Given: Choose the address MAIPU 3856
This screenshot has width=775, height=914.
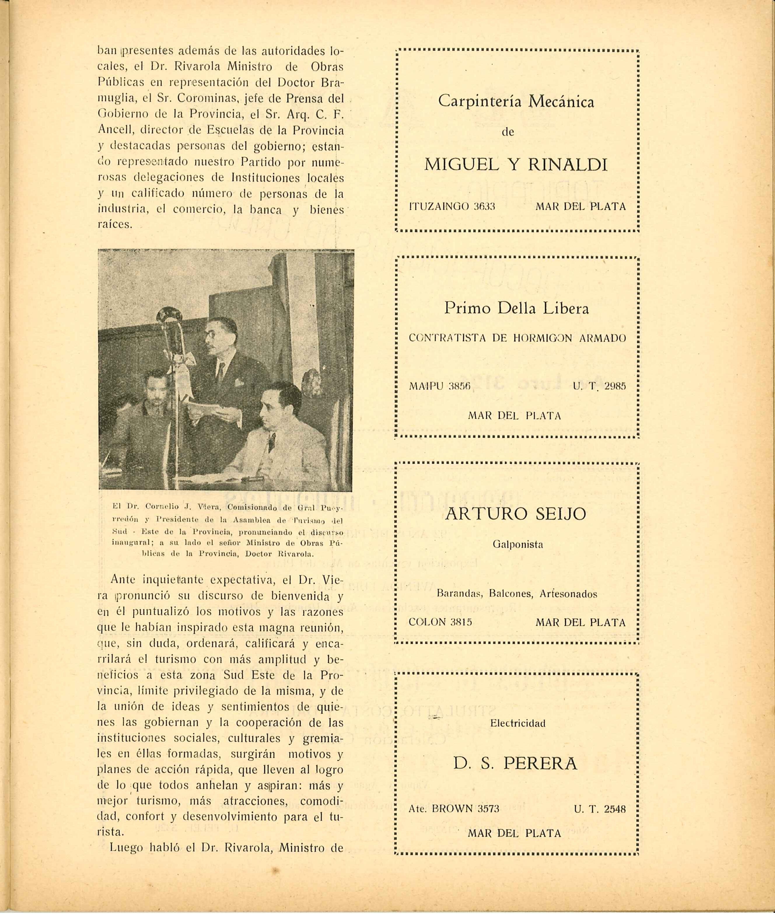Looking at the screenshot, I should point(439,386).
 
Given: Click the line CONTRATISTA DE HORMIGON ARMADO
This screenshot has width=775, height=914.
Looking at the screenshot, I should point(517,338).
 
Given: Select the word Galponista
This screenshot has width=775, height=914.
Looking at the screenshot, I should point(517,544).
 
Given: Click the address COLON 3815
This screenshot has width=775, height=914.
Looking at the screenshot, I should point(440,622).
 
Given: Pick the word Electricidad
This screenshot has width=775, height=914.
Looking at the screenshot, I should point(517,723).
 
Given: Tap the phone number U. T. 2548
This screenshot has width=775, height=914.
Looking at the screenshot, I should point(599,808).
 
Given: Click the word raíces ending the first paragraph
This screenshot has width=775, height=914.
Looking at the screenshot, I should point(114,224).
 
